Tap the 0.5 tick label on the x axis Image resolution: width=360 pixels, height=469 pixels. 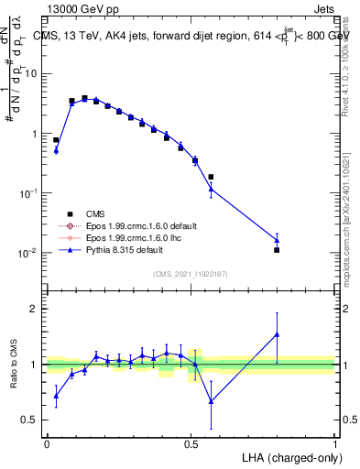coord(191,442)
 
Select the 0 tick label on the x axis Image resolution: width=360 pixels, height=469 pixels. coord(47,442)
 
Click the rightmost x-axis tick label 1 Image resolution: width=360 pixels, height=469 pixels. coord(335,442)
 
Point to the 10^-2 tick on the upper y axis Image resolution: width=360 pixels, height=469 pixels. coord(30,253)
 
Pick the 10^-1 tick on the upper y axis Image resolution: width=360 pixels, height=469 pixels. coord(30,193)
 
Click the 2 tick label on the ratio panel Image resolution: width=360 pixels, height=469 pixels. coord(35,309)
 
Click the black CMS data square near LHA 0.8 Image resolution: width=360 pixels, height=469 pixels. coord(277,249)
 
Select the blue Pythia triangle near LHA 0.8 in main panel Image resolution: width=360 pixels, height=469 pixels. coord(277,240)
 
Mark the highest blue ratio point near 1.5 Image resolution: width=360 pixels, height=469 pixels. coord(277,334)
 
